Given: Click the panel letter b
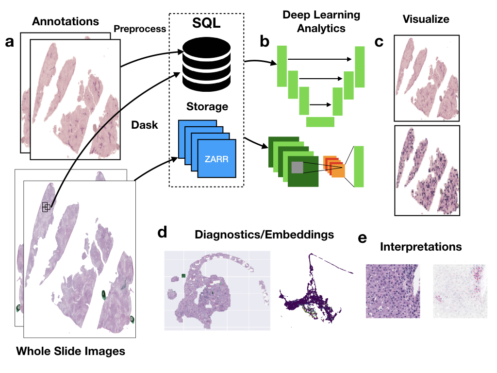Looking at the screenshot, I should point(265,42).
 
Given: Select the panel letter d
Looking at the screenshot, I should point(163,232).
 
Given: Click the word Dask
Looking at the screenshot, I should point(145,125).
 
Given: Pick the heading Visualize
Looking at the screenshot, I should point(426,19).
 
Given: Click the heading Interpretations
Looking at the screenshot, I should point(421,247).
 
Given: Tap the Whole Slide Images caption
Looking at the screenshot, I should point(70,351).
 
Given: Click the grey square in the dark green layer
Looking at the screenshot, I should point(297,168).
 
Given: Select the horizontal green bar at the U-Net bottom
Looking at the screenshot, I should point(320,121).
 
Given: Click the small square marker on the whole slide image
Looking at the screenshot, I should point(46,207).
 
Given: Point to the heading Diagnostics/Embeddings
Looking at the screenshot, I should point(264,235).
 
